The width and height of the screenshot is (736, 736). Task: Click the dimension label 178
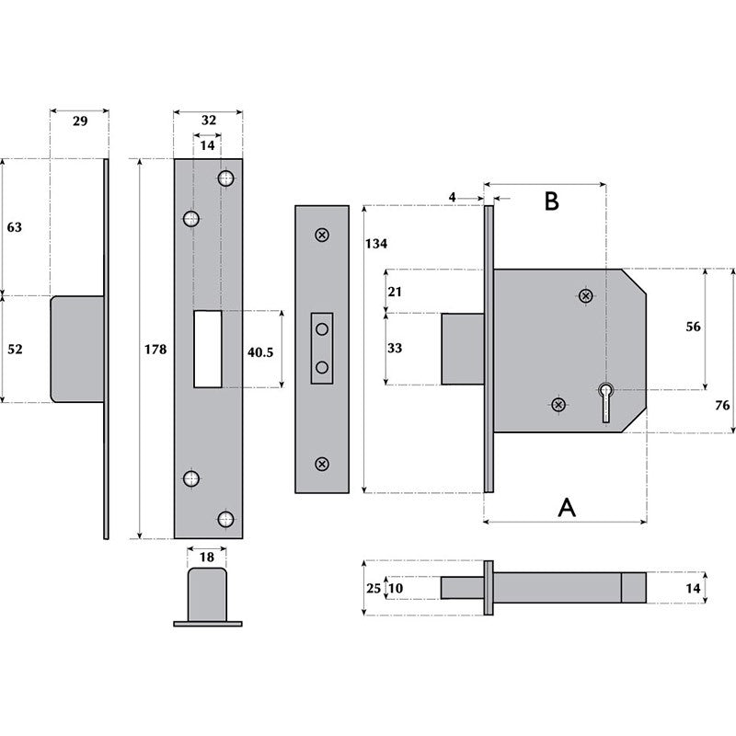click(155, 350)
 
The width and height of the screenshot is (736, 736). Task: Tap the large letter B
click(551, 201)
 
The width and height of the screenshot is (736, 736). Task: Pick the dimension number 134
click(377, 244)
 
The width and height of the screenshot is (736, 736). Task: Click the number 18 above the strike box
click(207, 558)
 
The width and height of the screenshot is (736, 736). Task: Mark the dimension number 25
click(373, 587)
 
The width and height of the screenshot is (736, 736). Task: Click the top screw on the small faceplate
click(321, 235)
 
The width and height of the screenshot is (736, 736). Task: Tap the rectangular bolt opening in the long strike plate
click(208, 349)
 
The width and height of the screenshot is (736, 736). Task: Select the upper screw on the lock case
click(585, 295)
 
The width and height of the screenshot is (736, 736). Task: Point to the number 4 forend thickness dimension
click(454, 197)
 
